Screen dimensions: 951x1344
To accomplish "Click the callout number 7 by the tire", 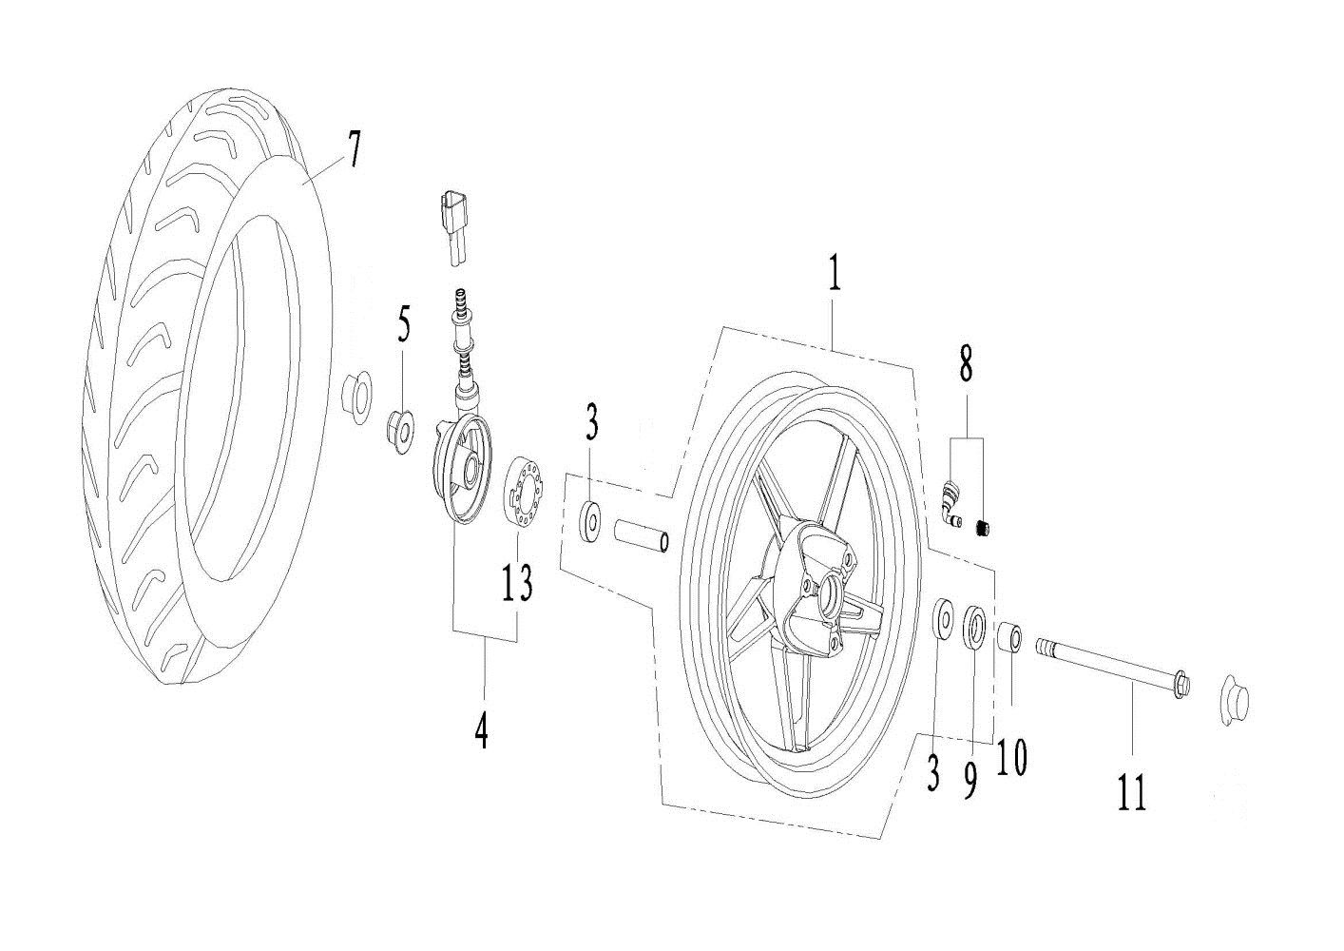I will click(353, 151).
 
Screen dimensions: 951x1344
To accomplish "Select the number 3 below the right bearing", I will click(933, 775).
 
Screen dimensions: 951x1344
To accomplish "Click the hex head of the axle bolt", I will click(1180, 685).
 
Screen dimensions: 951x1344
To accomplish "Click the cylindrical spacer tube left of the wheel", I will click(642, 535).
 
